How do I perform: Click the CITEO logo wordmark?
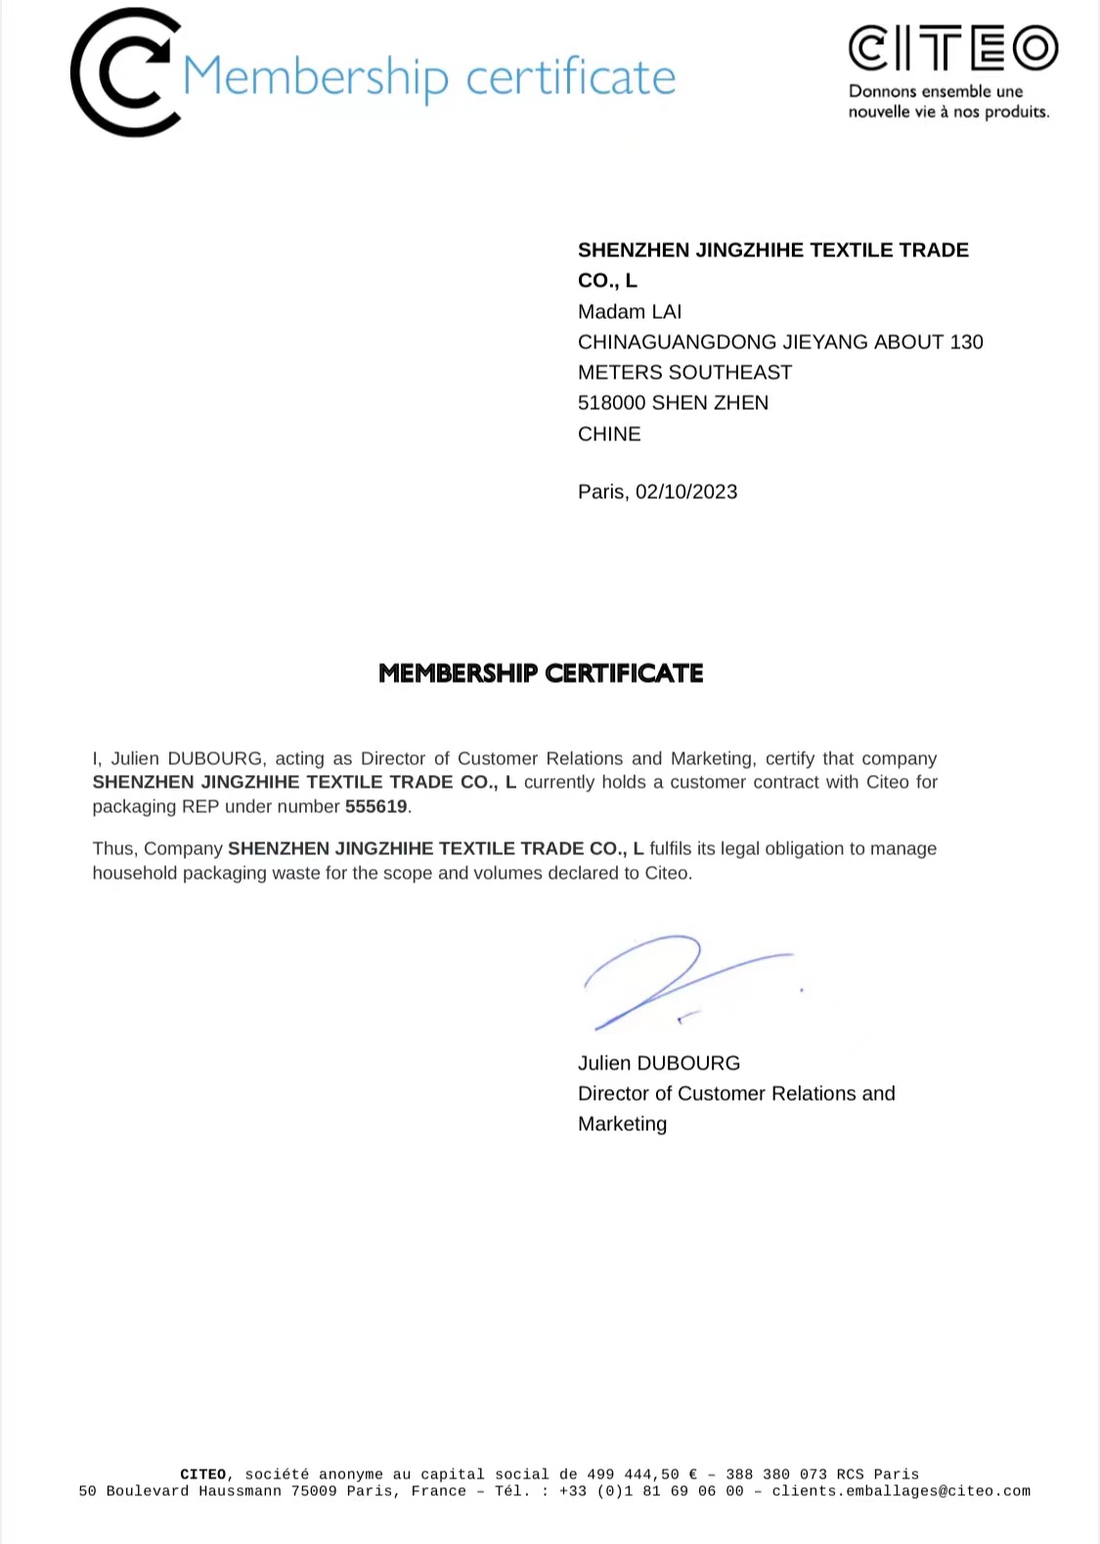pyautogui.click(x=952, y=48)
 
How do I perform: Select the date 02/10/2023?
pyautogui.click(x=686, y=492)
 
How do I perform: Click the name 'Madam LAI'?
pyautogui.click(x=629, y=312)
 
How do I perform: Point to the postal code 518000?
pyautogui.click(x=611, y=403)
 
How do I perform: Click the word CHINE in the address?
pyautogui.click(x=609, y=434)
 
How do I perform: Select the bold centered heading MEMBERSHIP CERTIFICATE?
pyautogui.click(x=541, y=673)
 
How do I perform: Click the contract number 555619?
pyautogui.click(x=375, y=807)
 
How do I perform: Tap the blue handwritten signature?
pyautogui.click(x=675, y=978)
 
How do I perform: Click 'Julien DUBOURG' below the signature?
pyautogui.click(x=658, y=1064)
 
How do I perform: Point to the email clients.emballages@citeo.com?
pyautogui.click(x=901, y=1491)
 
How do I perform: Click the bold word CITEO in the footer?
pyautogui.click(x=203, y=1475)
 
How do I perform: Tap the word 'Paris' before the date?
pyautogui.click(x=601, y=492)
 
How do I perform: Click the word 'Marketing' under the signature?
pyautogui.click(x=622, y=1124)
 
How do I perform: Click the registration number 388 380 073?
pyautogui.click(x=775, y=1475)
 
